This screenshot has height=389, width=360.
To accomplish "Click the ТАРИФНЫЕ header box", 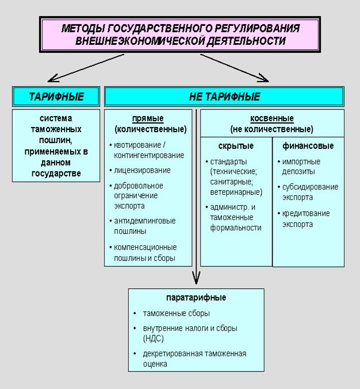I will (56, 97).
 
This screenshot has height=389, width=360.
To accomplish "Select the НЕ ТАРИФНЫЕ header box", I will (224, 97).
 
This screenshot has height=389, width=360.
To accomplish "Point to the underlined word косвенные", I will (272, 119).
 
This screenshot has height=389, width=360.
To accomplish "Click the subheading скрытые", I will (236, 146).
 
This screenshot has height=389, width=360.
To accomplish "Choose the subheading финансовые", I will (308, 146).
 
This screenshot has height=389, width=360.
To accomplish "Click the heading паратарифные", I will (196, 298).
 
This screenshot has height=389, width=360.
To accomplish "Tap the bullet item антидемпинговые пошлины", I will (144, 226).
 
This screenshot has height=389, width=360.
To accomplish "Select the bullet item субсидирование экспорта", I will (309, 192).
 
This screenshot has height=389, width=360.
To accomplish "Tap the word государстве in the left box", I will (56, 174).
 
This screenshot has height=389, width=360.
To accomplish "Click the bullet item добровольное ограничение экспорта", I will (138, 195).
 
